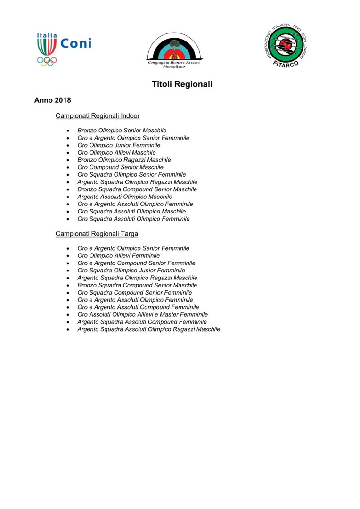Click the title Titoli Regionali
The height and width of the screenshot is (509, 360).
[x=182, y=84]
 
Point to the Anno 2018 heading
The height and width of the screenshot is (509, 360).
[x=53, y=101]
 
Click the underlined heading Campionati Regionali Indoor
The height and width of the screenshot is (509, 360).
[x=98, y=115]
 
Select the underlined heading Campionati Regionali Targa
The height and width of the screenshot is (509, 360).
[x=97, y=233]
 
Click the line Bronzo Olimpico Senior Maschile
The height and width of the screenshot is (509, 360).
[x=122, y=131]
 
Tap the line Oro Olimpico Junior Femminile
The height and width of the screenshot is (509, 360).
[x=119, y=145]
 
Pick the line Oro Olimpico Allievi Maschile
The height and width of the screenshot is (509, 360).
[x=116, y=153]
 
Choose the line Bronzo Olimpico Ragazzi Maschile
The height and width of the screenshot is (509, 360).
[x=124, y=160]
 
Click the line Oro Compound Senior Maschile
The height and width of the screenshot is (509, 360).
[x=120, y=167]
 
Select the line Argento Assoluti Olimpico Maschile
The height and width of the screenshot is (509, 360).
[x=125, y=197]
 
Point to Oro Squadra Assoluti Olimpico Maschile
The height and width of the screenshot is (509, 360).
[x=131, y=212]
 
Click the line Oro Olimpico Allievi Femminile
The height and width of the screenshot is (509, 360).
[x=119, y=256]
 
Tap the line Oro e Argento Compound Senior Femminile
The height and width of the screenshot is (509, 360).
[x=136, y=263]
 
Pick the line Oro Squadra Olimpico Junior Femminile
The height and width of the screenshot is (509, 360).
[x=131, y=271]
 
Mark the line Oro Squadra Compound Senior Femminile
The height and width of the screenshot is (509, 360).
[x=135, y=293]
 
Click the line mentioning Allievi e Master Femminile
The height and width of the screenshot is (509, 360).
[x=142, y=314]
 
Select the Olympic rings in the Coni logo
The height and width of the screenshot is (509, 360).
[x=47, y=61]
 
